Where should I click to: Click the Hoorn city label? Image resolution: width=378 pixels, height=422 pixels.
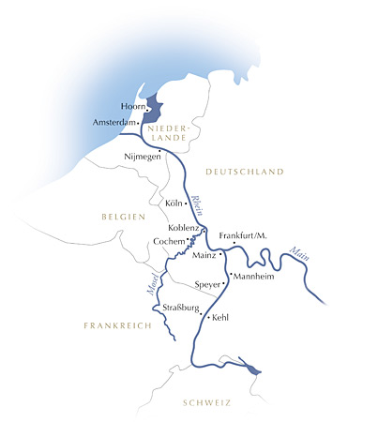point(135,107)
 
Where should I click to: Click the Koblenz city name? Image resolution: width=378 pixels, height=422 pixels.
point(183,228)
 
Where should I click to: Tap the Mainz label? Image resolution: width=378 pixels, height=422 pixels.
point(204,255)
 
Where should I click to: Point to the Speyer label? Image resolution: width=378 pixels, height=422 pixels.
point(207,283)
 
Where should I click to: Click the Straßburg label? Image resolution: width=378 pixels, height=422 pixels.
point(182,307)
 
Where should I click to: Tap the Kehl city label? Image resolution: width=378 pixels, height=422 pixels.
point(221,319)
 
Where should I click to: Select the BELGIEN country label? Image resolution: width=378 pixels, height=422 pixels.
point(124,217)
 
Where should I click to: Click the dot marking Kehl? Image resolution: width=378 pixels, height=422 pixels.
point(208,319)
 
